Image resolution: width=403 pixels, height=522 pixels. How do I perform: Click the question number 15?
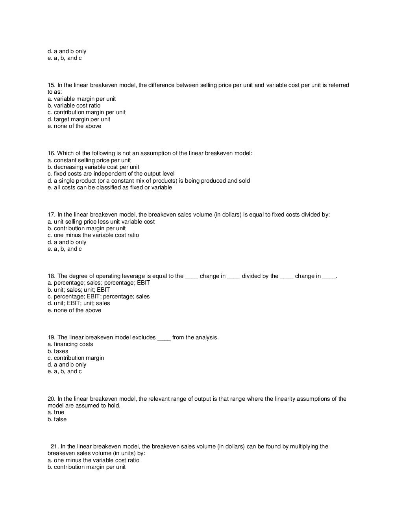51,85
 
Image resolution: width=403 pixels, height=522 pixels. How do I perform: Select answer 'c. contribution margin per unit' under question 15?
87,112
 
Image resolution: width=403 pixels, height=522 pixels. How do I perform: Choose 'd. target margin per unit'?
79,119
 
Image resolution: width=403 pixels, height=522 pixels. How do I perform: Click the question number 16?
51,153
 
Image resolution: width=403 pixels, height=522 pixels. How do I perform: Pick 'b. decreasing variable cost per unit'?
93,167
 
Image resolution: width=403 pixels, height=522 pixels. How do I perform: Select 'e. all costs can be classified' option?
110,187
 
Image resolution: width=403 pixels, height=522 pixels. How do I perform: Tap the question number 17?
51,215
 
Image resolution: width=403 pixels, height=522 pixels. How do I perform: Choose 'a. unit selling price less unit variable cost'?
101,222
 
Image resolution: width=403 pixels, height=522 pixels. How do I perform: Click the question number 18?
51,276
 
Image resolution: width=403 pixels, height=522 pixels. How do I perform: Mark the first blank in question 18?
191,277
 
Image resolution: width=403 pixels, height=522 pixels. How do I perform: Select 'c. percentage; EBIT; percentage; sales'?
98,296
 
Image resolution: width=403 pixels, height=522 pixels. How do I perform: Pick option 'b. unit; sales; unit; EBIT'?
79,290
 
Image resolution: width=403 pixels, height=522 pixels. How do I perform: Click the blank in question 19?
164,338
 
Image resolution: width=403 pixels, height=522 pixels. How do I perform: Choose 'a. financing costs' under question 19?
70,344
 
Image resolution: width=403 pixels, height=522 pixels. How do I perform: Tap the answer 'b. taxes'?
58,351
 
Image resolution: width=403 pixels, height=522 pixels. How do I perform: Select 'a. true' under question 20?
56,412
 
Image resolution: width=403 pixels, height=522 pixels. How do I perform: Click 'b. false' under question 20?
57,419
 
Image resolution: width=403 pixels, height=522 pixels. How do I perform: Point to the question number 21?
54,446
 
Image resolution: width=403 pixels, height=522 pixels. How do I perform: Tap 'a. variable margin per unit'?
82,99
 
